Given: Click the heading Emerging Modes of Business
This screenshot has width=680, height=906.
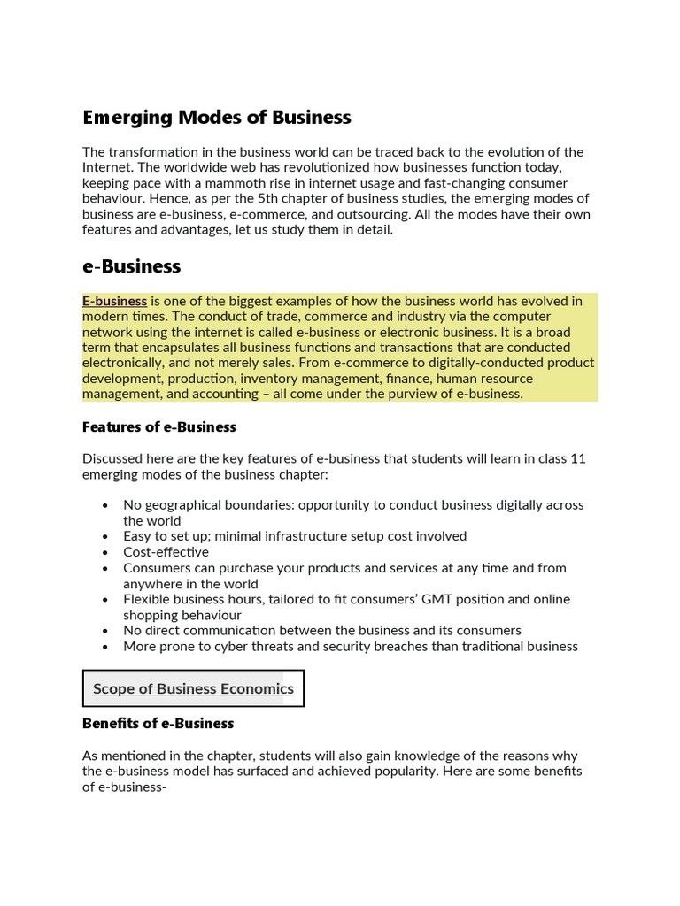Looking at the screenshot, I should [x=216, y=117].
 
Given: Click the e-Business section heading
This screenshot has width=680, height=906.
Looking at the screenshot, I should [x=131, y=265].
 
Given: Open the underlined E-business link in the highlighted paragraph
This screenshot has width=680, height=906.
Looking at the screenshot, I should [x=114, y=301].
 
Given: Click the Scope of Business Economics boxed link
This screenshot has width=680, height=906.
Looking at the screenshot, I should [x=193, y=688].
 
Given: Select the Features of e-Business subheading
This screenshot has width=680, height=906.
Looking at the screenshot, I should [x=158, y=426].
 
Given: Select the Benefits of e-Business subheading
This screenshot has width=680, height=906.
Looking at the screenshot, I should [x=158, y=723].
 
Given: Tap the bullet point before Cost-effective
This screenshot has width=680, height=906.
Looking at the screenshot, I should [x=105, y=552].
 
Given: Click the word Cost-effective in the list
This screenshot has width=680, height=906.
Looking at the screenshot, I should [x=166, y=552].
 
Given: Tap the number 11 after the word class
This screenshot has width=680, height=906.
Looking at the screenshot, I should [x=578, y=458].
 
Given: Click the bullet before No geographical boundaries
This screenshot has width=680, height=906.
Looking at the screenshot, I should [x=105, y=505].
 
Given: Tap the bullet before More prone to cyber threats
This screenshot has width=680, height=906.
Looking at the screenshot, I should [x=105, y=647].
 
